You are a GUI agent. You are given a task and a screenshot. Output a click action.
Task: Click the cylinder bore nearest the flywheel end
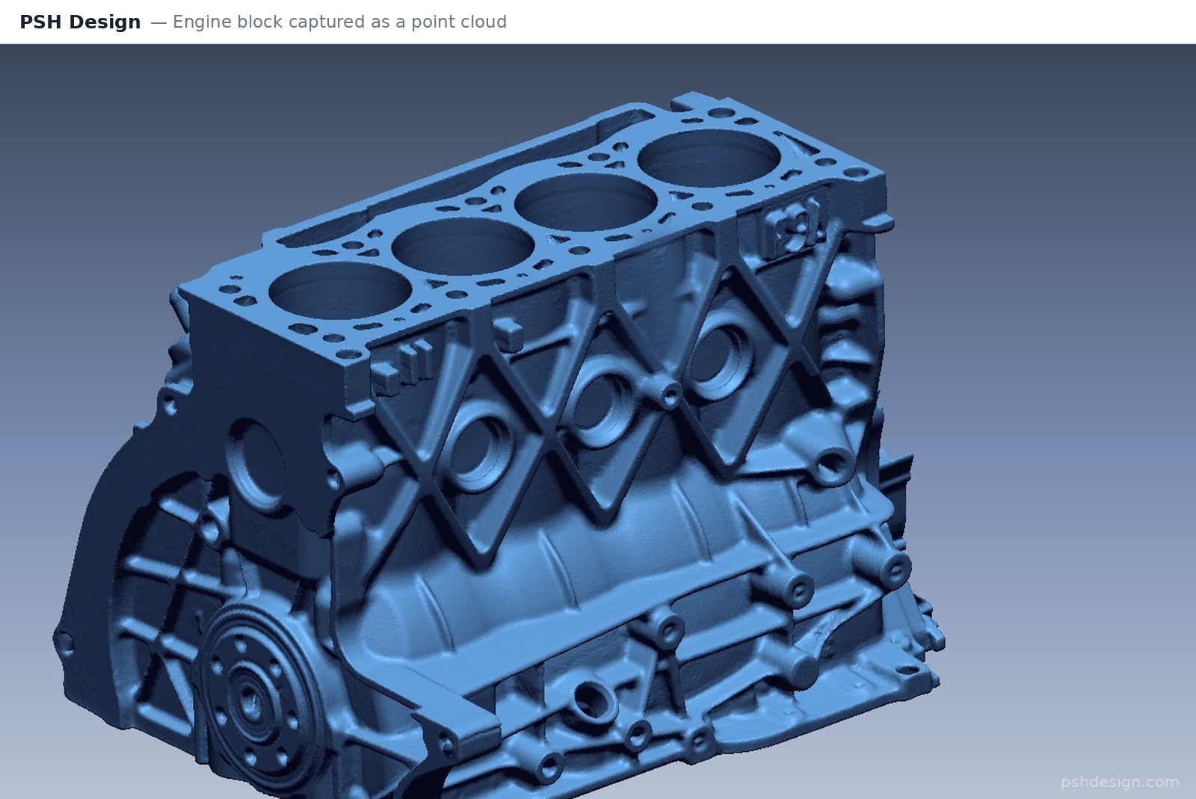(x=340, y=290)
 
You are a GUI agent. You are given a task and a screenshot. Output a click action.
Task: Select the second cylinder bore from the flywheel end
(x=463, y=246)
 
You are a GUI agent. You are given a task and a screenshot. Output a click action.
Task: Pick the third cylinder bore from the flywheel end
(x=586, y=202)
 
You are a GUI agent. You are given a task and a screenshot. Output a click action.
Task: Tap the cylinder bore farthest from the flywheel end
(x=709, y=158)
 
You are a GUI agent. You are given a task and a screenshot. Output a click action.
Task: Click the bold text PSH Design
(x=80, y=22)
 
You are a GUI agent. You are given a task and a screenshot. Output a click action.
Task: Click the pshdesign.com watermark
(x=1120, y=782)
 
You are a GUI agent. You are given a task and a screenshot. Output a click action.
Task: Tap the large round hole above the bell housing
(x=257, y=463)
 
